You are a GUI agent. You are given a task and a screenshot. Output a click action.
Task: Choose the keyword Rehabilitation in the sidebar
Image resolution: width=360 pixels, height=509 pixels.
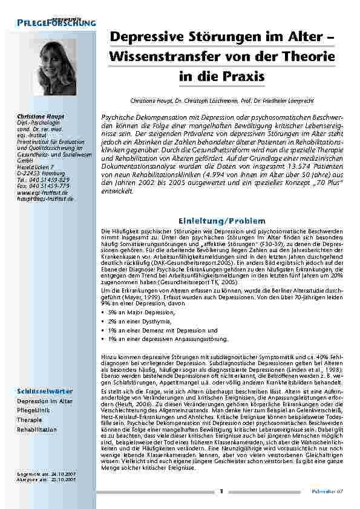[x=37, y=429]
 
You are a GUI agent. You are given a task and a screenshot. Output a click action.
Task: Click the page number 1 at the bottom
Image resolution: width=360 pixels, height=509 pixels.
[x=222, y=491]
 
